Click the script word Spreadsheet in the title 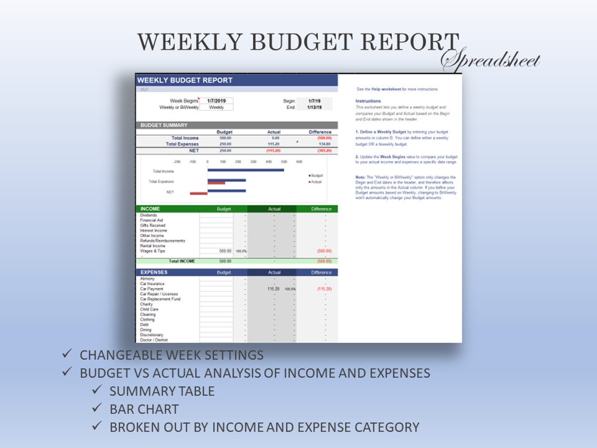pos(491,60)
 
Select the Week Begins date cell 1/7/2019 pos(216,101)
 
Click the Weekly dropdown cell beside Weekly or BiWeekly pos(216,107)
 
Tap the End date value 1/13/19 pos(314,107)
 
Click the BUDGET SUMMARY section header pos(164,125)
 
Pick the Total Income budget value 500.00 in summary pos(225,138)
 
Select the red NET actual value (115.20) pos(273,150)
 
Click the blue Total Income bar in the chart pos(245,170)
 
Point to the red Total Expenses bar pos(216,183)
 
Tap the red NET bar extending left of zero pos(198,193)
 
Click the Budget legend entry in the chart pos(316,176)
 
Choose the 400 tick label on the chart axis pos(269,162)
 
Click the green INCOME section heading pos(150,209)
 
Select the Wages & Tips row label pos(153,251)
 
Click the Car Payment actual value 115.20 pos(273,289)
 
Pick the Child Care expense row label pos(149,309)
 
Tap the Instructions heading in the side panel pos(368,101)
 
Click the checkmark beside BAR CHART pos(97,407)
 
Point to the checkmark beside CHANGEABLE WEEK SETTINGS pos(67,353)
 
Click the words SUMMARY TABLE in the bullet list pos(162,391)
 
